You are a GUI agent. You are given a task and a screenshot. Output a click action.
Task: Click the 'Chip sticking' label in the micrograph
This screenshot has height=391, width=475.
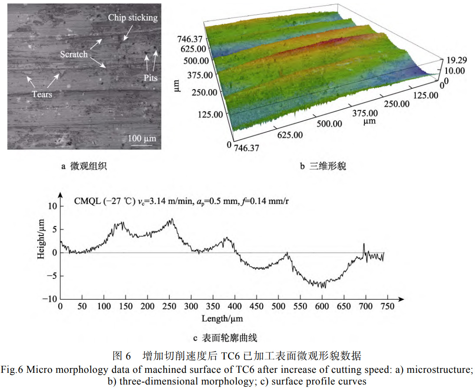tap(133, 18)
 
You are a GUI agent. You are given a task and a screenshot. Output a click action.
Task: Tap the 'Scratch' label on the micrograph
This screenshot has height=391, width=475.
tap(74, 54)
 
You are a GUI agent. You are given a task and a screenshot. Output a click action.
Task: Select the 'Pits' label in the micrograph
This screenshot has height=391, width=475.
tap(151, 78)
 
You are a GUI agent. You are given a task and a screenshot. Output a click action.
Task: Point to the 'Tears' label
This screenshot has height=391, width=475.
tap(42, 94)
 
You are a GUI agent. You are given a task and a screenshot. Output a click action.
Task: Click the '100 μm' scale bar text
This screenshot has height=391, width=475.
tap(142, 138)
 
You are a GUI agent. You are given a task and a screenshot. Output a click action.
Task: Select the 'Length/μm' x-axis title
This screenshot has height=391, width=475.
tap(222, 319)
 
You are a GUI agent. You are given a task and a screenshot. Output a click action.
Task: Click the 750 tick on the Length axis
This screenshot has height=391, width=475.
tap(387, 307)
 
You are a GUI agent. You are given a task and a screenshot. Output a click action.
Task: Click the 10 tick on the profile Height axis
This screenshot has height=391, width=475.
tap(52, 206)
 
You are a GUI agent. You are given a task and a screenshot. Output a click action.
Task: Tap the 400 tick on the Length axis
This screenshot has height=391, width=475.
tap(235, 307)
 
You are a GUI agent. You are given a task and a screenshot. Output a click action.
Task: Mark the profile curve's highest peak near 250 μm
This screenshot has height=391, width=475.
tap(172, 219)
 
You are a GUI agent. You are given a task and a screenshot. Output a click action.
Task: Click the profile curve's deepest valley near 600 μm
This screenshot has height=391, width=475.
tap(323, 287)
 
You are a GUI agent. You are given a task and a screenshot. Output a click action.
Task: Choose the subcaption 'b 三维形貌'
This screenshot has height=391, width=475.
tap(323, 166)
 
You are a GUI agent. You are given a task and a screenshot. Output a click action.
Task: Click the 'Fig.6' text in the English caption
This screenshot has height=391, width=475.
tap(11, 370)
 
